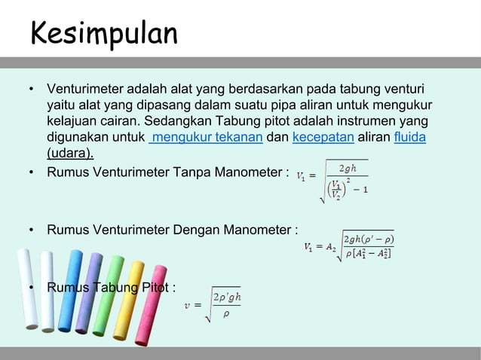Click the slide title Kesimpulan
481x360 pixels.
coord(104,33)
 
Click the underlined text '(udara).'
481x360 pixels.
coord(70,154)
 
